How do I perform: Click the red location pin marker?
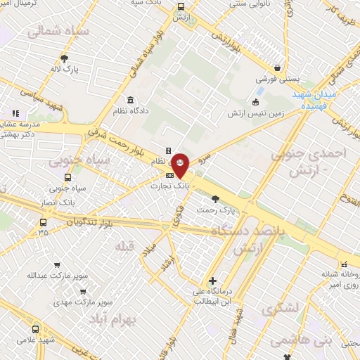click(180, 165)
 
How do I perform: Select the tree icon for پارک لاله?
click(65, 59)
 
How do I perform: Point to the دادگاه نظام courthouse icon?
click(130, 99)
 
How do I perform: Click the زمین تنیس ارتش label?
click(254, 112)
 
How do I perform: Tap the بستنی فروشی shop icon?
click(279, 68)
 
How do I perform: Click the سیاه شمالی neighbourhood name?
click(58, 32)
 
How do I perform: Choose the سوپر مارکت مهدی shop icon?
click(83, 290)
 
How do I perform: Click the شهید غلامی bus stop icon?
click(36, 328)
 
